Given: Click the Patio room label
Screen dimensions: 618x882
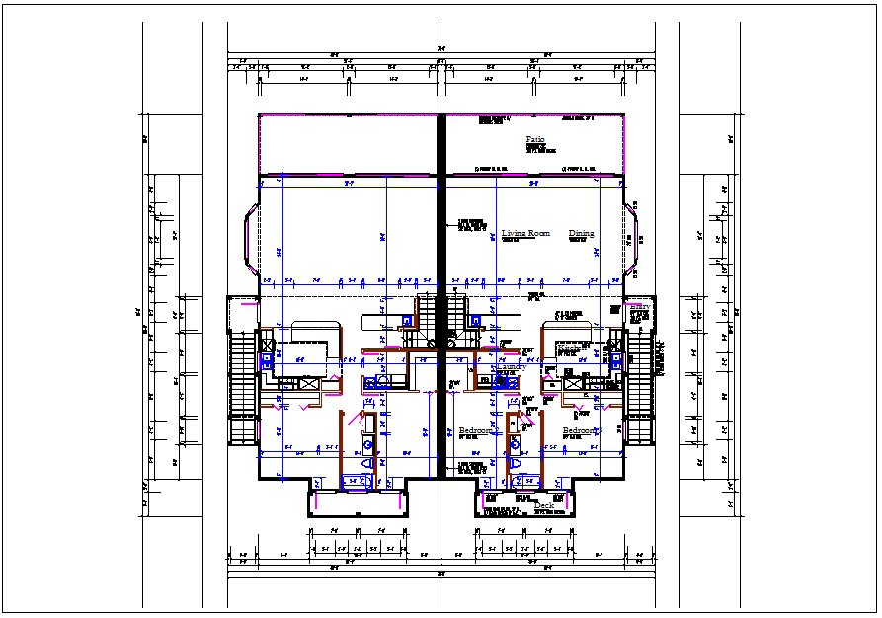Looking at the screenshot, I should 535,140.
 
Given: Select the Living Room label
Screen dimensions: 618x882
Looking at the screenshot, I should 525,234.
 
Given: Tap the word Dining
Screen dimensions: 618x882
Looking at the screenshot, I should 582,234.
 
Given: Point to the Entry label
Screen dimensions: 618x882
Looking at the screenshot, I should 639,308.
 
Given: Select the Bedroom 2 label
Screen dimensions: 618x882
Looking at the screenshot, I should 477,431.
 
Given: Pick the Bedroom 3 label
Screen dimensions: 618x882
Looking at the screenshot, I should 582,431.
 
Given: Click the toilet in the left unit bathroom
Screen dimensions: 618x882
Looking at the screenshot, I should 368,462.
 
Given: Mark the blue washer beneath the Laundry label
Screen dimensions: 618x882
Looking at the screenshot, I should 500,381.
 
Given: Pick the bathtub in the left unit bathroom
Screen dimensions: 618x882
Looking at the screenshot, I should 357,481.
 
